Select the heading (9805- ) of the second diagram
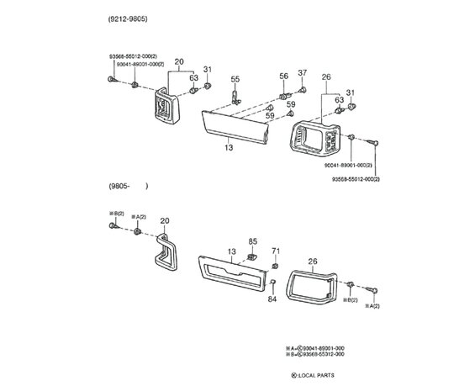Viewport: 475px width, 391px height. click(128, 186)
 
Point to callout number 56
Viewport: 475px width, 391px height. click(283, 76)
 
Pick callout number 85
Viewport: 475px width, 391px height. click(253, 242)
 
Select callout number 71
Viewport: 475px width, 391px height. click(276, 251)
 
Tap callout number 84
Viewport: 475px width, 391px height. click(272, 299)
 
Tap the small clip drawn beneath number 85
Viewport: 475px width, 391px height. click(251, 255)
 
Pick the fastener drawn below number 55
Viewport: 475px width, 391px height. click(237, 95)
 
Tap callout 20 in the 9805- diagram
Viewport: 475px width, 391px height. click(165, 221)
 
